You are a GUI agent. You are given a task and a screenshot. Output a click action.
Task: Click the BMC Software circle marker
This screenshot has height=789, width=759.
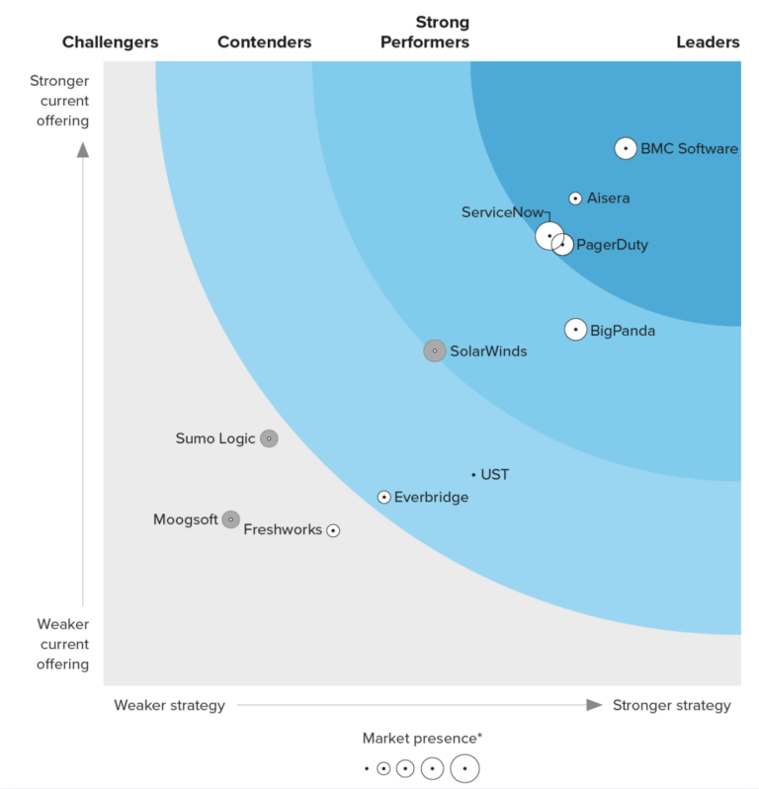[626, 148]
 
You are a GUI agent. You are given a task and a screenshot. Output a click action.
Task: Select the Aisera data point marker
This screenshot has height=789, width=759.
[576, 198]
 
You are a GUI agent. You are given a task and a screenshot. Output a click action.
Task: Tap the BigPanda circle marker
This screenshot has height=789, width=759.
[576, 330]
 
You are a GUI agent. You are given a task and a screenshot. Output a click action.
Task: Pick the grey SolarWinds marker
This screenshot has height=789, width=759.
[435, 351]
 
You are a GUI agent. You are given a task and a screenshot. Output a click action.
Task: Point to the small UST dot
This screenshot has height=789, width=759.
[473, 475]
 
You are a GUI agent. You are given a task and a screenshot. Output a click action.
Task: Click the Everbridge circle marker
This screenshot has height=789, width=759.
[384, 497]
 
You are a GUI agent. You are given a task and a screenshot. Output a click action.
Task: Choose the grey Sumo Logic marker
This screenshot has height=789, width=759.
[269, 438]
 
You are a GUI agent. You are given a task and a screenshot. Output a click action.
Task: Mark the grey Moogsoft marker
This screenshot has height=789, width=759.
[230, 519]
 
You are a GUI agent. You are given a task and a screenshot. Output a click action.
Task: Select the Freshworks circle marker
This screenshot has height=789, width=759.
[333, 530]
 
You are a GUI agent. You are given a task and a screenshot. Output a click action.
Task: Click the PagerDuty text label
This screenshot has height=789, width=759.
[612, 245]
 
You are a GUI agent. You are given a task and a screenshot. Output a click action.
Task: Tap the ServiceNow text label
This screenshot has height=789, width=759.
[501, 212]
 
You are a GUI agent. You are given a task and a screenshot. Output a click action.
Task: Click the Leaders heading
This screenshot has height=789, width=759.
[708, 41]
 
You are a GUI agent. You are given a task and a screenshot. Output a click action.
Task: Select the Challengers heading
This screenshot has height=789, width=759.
[110, 41]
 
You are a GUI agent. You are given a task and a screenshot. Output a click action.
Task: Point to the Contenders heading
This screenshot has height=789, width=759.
[264, 41]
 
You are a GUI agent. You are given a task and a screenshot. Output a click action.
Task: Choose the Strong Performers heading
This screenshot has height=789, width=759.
[442, 32]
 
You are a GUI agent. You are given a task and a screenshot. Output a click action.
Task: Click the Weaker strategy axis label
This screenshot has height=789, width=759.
[169, 705]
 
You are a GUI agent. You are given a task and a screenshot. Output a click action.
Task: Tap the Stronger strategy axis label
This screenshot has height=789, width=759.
[672, 705]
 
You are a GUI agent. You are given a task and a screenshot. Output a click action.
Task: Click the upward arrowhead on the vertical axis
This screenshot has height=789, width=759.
[83, 150]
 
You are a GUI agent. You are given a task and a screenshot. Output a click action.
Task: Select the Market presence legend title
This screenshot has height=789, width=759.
[422, 738]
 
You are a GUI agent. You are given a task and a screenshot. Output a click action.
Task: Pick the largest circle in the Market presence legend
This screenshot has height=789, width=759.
[464, 768]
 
